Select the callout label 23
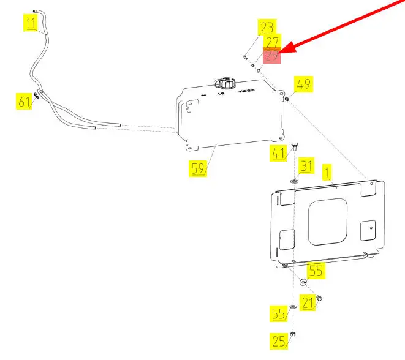tap(267, 28)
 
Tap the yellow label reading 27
tap(271, 42)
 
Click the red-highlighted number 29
tap(271, 56)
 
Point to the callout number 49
tap(304, 84)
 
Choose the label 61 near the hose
tap(24, 101)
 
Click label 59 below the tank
tap(197, 168)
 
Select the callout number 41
tap(279, 154)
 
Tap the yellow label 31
tap(306, 166)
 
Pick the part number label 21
tap(308, 301)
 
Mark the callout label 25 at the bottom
tap(279, 341)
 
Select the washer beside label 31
tap(294, 180)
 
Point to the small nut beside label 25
tap(293, 334)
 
